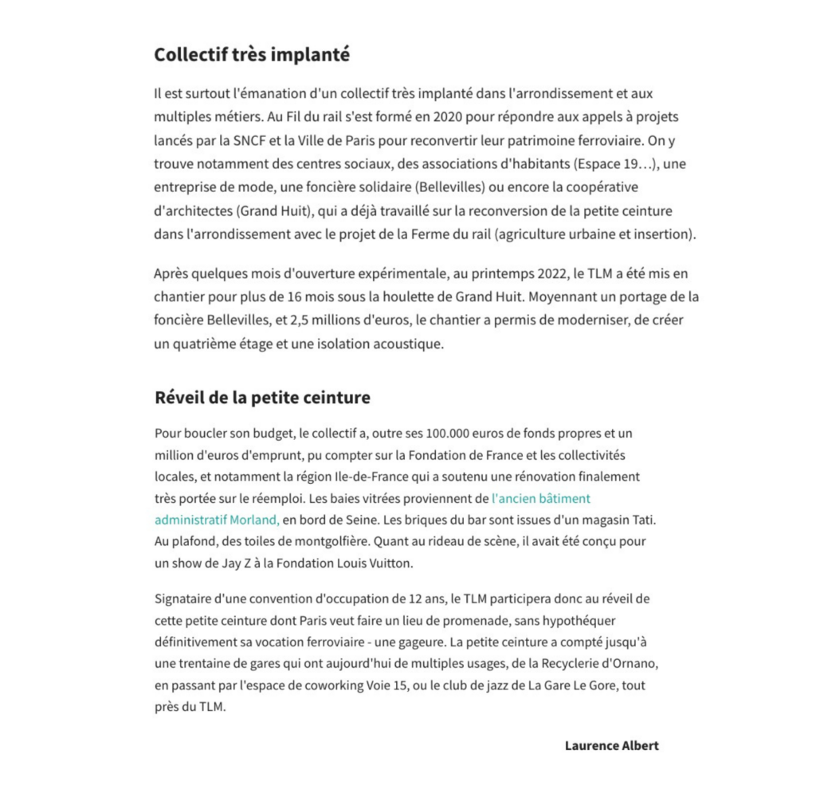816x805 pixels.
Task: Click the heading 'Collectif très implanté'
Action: [x=252, y=55]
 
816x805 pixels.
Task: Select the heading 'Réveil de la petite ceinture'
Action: [x=262, y=397]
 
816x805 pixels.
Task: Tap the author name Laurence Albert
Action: [x=611, y=746]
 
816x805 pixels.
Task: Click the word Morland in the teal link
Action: [x=254, y=520]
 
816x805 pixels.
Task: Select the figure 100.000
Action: [x=450, y=434]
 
